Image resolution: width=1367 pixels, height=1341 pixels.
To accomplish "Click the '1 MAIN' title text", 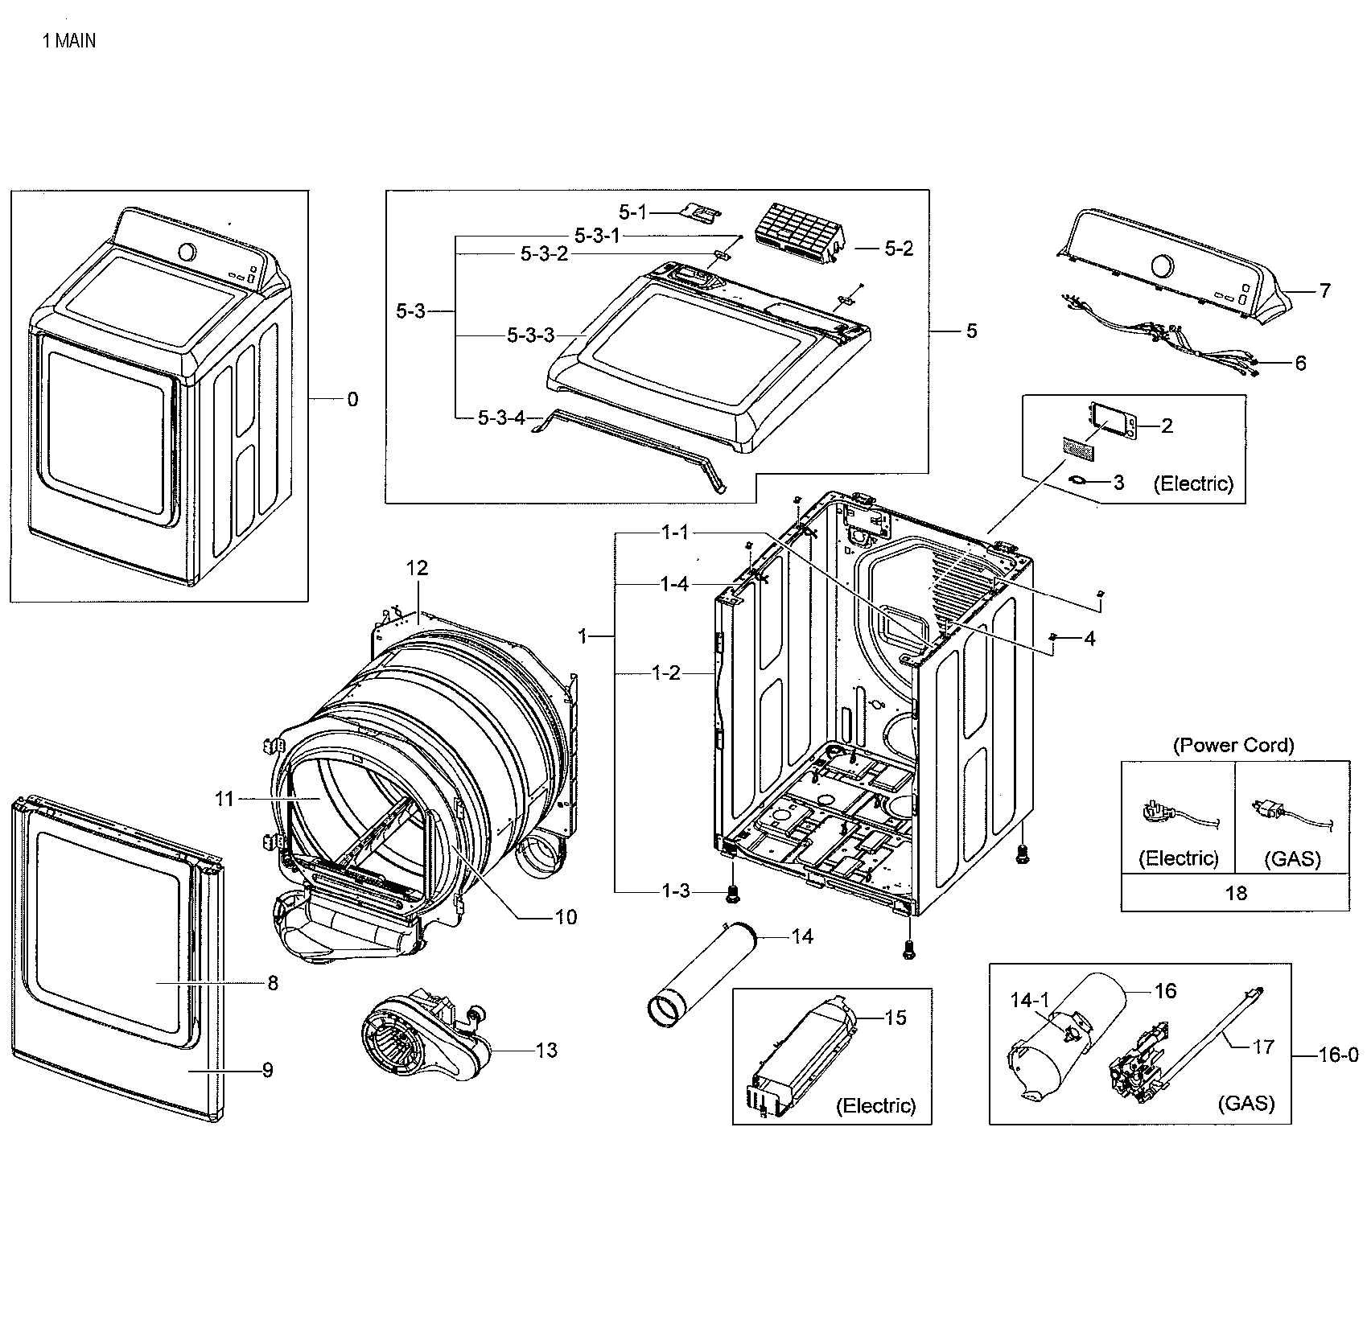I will point(68,41).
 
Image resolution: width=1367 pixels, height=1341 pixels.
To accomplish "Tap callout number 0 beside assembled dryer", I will point(352,399).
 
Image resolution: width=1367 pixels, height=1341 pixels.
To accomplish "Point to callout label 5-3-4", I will point(501,418).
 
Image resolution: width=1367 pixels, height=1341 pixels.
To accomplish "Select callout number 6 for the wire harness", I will point(1300,363).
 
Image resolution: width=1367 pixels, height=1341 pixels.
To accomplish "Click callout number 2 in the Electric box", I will point(1167,426).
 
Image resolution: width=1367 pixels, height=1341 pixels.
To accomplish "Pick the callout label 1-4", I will point(674,584).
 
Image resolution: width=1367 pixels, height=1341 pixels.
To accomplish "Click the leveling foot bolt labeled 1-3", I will point(733,892).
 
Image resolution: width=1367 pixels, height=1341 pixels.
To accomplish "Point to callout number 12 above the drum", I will point(417,568).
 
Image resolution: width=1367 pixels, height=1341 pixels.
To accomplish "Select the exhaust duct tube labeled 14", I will point(704,973).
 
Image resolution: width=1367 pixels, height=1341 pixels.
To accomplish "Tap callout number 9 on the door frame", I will point(267,1070).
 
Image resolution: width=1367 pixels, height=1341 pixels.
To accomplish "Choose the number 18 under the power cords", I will point(1235,892).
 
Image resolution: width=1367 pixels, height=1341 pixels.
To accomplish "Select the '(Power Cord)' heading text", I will point(1233,745).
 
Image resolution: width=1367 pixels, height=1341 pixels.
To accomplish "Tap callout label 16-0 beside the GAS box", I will point(1338,1055).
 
